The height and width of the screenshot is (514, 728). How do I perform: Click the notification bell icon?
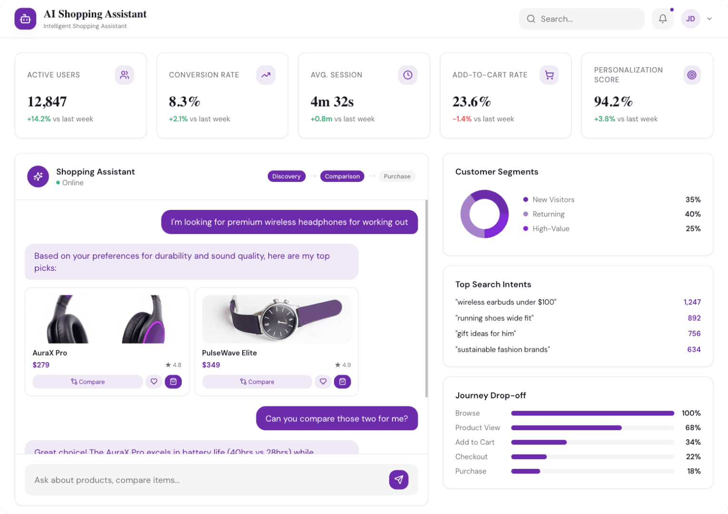662,19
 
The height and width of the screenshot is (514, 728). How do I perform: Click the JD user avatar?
690,19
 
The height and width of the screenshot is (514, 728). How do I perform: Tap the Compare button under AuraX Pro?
88,382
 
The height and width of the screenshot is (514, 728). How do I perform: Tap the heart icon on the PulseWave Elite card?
323,382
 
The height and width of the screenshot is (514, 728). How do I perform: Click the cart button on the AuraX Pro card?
173,382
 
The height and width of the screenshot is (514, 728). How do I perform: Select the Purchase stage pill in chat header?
397,176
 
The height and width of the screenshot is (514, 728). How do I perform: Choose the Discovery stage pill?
286,176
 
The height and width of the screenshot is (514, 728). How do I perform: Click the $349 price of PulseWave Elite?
211,365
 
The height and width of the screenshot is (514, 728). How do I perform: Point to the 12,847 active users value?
47,102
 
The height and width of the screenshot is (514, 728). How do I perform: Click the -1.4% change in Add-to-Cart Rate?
462,119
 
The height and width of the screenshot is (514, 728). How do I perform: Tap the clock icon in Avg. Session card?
408,75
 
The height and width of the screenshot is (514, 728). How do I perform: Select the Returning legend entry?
548,214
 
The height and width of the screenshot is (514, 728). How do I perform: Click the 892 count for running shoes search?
694,318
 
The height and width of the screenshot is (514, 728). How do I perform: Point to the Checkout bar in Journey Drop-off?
529,457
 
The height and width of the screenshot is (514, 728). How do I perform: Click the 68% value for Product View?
692,428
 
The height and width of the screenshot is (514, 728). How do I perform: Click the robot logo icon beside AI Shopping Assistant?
25,19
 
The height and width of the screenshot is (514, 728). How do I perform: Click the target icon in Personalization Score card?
692,75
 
